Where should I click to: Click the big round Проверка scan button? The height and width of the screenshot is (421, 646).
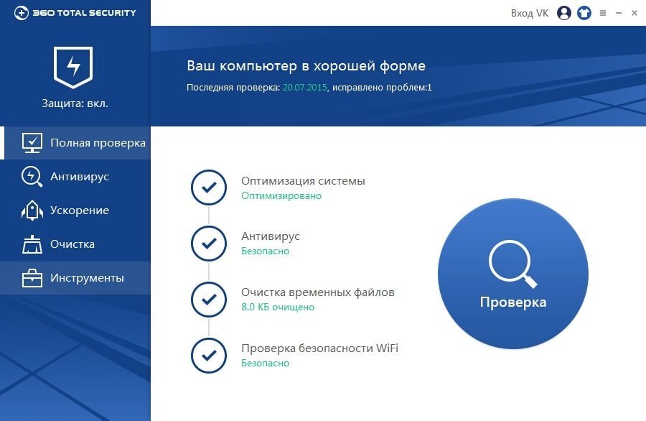tap(513, 274)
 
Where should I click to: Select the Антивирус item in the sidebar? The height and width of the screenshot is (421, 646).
tap(80, 177)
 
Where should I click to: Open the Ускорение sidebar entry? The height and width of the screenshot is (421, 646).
tap(80, 210)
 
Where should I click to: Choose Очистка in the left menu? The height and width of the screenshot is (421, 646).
tap(72, 244)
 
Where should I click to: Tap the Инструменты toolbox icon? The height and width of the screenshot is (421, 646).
tap(32, 278)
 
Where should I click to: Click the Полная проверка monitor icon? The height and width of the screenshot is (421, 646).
tap(32, 143)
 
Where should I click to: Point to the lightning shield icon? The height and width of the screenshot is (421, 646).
tap(73, 67)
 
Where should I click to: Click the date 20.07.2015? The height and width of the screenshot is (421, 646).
tap(305, 88)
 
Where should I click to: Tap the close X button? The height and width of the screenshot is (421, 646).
tap(635, 13)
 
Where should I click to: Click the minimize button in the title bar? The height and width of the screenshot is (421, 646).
tap(619, 13)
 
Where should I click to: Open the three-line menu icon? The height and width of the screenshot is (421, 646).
tap(603, 13)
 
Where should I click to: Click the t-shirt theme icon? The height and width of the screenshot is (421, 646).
tap(584, 13)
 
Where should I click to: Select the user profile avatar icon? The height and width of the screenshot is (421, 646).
tap(564, 13)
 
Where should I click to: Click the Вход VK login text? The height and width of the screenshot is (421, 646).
tap(530, 13)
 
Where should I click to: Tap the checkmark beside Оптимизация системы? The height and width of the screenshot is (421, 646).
tap(209, 188)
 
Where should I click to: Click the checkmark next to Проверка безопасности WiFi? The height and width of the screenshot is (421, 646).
tap(209, 356)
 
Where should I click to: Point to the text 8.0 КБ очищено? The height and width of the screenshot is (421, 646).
tap(278, 307)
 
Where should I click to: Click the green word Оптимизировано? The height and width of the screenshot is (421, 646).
tap(281, 196)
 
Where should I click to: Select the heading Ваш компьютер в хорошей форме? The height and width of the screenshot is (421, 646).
tap(306, 66)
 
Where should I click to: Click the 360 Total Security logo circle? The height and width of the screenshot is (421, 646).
tap(21, 13)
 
